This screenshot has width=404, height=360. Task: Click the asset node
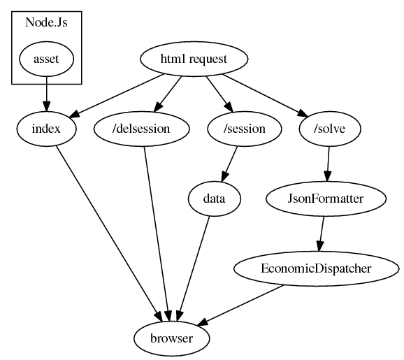coord(46,59)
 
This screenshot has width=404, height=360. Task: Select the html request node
coord(194,59)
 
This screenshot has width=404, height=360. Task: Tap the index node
coord(46,129)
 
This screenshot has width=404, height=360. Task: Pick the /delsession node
coord(141,129)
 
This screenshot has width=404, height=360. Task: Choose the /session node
coord(245,129)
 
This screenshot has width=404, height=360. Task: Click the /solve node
coord(330,129)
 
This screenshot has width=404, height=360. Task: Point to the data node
coord(215,199)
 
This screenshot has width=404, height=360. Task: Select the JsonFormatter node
coord(326,199)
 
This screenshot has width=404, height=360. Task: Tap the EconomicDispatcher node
coord(317,268)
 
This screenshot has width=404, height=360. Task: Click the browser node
coord(172,338)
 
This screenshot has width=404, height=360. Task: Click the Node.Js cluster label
coord(46,22)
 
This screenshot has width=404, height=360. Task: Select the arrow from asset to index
coord(46,94)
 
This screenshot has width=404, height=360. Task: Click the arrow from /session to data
coord(229,164)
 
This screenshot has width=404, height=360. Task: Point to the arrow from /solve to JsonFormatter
coord(328,164)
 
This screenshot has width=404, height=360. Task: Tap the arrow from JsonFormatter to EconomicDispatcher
coord(322,233)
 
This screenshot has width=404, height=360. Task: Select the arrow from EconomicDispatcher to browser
coord(240,305)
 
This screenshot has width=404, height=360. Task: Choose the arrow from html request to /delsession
coord(167,94)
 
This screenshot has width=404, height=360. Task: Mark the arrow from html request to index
coord(116,96)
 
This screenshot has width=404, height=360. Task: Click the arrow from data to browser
coord(194,268)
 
